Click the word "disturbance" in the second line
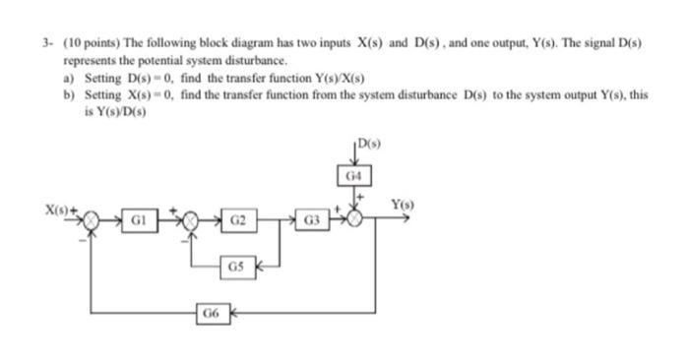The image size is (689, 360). (x=235, y=60)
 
